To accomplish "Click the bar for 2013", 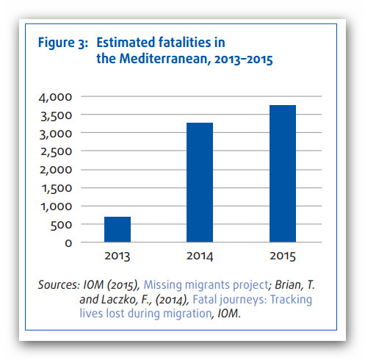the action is (x=118, y=229).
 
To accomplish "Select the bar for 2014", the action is (x=200, y=182).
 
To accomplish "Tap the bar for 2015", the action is (x=283, y=173).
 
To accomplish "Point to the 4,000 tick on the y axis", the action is (x=55, y=98).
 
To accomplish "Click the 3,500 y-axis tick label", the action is (x=56, y=116).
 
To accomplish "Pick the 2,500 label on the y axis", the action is (x=56, y=152).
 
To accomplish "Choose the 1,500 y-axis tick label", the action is (x=57, y=188).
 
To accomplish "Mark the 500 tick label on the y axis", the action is (x=61, y=225).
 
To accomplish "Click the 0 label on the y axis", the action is (x=68, y=243).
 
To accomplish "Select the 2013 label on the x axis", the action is (x=118, y=256).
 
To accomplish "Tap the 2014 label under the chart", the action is (x=200, y=256).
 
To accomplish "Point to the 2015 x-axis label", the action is (x=283, y=256).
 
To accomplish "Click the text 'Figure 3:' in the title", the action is (x=63, y=43).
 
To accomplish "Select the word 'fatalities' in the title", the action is (x=184, y=42).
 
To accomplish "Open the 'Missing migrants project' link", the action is (x=206, y=284).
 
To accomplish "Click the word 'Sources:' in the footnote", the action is (x=59, y=284).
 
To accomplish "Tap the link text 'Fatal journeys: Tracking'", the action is (x=252, y=299).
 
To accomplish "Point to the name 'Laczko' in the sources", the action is (x=119, y=299).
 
